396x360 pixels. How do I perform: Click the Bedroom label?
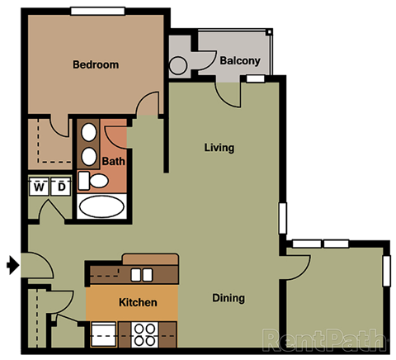point(96,64)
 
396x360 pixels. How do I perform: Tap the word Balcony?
point(240,60)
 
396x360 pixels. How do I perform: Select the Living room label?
point(219,149)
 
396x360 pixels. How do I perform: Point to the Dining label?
point(228,298)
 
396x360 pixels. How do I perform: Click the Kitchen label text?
point(138,302)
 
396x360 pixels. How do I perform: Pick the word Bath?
point(113,162)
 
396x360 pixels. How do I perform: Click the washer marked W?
point(39,187)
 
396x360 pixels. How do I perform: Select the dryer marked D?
point(61,187)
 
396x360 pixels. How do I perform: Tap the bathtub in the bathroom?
point(101,206)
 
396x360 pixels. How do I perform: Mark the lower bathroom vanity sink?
point(89,155)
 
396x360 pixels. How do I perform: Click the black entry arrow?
point(12,265)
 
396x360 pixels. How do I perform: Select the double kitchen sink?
point(141,274)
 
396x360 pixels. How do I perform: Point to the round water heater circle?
point(179,66)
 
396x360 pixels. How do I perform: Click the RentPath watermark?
point(325,339)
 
